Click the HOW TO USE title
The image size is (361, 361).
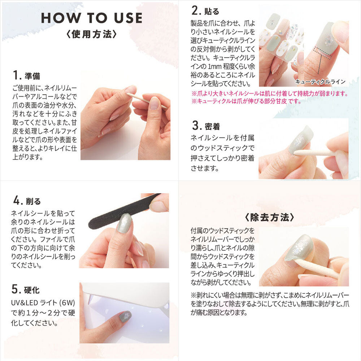click(x=92, y=18)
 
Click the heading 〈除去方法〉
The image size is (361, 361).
click(x=269, y=217)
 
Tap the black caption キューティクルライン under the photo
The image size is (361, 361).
click(x=320, y=82)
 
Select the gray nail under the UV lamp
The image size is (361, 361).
click(x=125, y=316)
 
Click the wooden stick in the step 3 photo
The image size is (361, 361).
click(x=314, y=153)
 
